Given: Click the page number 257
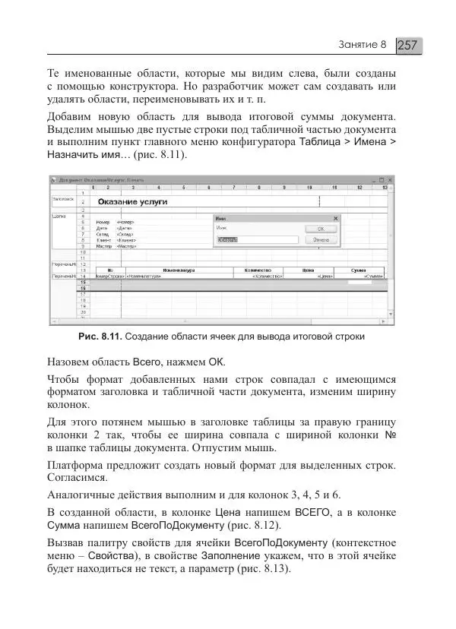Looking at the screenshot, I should [408, 45].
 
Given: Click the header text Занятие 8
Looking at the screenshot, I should [363, 45].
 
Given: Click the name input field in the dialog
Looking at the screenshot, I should [228, 239].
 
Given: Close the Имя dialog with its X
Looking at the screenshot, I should [336, 218].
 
